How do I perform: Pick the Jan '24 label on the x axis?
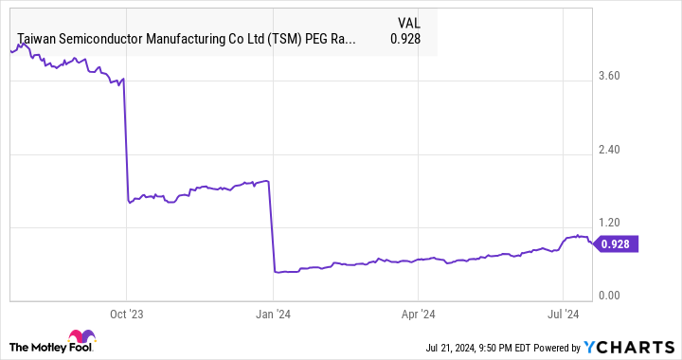[273, 312]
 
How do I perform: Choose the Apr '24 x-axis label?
[418, 312]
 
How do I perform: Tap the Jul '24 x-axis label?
[564, 312]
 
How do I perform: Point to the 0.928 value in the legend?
[406, 40]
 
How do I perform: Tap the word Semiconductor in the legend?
[104, 40]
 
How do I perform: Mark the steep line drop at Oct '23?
[126, 142]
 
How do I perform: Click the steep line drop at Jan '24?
[272, 227]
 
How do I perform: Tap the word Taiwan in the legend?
[38, 40]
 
